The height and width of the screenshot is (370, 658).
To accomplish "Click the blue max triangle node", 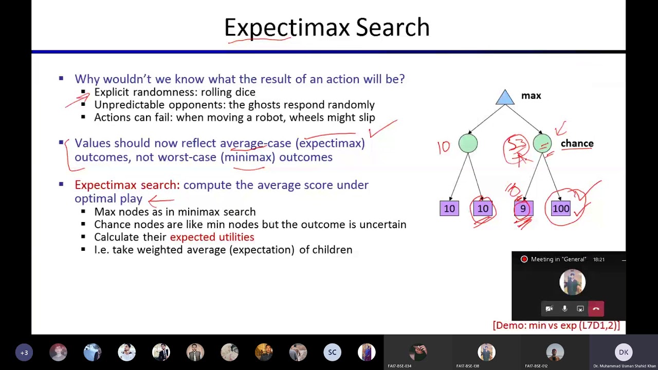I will point(505,98).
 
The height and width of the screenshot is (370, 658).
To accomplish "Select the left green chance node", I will point(468,144).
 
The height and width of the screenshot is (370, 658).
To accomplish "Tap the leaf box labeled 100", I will point(561,209).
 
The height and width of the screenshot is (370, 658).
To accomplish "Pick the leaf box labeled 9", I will point(523,209).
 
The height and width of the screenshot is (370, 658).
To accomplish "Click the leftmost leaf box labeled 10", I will point(449,209).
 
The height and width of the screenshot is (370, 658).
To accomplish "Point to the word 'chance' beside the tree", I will point(577,144).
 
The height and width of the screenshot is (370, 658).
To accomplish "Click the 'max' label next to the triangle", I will point(531,96).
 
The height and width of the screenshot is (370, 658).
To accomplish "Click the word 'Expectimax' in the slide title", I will point(286,28).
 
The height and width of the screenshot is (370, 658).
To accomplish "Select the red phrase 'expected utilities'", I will point(212,237).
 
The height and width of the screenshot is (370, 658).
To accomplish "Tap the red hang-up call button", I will point(596,309).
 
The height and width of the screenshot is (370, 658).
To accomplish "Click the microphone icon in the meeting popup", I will point(564,309).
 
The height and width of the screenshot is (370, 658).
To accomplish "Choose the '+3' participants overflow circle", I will point(24,353).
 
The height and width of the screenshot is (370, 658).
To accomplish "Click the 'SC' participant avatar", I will point(332,353).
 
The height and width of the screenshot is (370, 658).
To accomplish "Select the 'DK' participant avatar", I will point(624,353).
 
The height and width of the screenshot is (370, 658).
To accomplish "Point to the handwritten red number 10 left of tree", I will point(444,147).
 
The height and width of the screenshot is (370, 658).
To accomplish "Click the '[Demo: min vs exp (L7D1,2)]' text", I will point(556,325).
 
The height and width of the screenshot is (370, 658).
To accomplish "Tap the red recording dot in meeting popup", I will point(524,260).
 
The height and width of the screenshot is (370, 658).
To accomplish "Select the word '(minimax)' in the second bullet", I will point(248,157).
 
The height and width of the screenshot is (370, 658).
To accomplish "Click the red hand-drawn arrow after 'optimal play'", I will point(161,201).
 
